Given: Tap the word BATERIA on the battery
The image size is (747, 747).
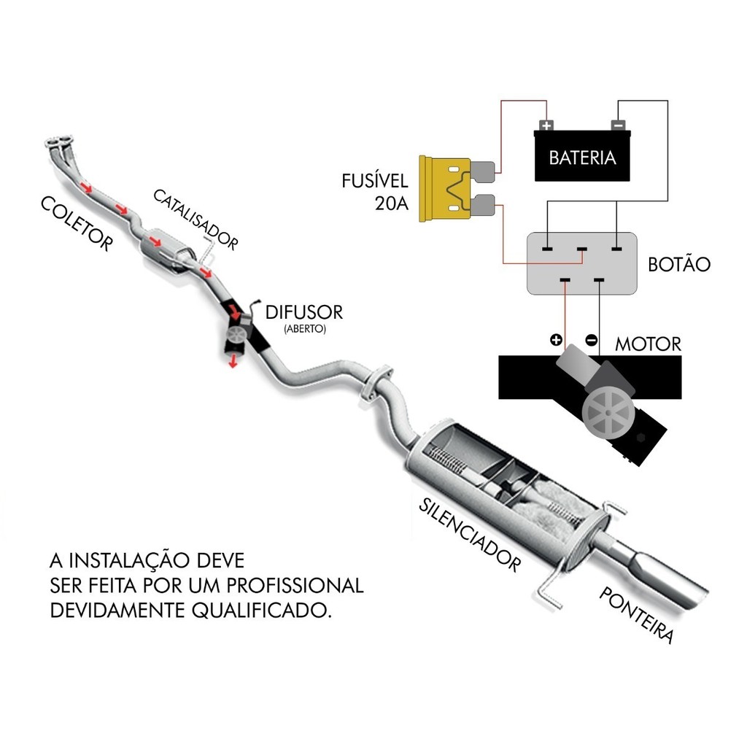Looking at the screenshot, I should click(x=582, y=157).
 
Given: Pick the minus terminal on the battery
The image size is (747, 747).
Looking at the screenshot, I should click(x=617, y=125).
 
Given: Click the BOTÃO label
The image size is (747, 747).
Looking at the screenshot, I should click(x=678, y=264).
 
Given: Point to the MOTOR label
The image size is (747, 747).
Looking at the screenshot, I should click(x=648, y=344).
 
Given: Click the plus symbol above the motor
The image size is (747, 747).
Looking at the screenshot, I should click(x=556, y=339).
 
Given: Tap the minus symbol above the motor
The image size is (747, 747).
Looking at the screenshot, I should click(x=592, y=339).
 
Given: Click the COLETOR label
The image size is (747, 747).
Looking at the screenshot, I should click(x=77, y=223).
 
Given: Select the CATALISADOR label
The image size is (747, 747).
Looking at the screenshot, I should click(x=195, y=219).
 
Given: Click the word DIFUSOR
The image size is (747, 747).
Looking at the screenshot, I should click(x=303, y=313).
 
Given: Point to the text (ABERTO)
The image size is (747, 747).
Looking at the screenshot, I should click(x=305, y=329).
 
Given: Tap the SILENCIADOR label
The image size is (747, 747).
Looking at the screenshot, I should click(x=471, y=535).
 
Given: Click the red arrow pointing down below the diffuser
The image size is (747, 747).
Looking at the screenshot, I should click(x=233, y=361).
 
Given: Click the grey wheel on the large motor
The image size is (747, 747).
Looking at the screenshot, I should click(x=608, y=412).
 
